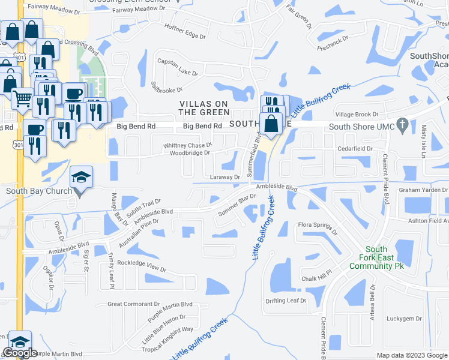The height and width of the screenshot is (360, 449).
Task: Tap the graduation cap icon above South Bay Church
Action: pyautogui.click(x=81, y=177)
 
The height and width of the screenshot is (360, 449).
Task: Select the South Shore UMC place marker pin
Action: pyautogui.click(x=402, y=126)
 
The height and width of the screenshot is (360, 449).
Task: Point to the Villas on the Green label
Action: pyautogui.click(x=205, y=108)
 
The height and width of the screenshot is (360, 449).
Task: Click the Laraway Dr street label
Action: pyautogui.click(x=225, y=177)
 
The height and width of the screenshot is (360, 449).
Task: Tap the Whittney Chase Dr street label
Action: pyautogui.click(x=188, y=145)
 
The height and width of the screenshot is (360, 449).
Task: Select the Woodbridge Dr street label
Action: pyautogui.click(x=190, y=153)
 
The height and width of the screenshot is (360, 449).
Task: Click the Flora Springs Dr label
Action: pyautogui.click(x=318, y=229)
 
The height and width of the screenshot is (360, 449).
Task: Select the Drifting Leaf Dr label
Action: pyautogui.click(x=286, y=300)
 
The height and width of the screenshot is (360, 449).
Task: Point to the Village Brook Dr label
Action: pyautogui.click(x=357, y=114)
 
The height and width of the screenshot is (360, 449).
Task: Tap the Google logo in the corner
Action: pyautogui.click(x=20, y=353)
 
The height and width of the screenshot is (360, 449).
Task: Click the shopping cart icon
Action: pyautogui.click(x=22, y=97)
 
